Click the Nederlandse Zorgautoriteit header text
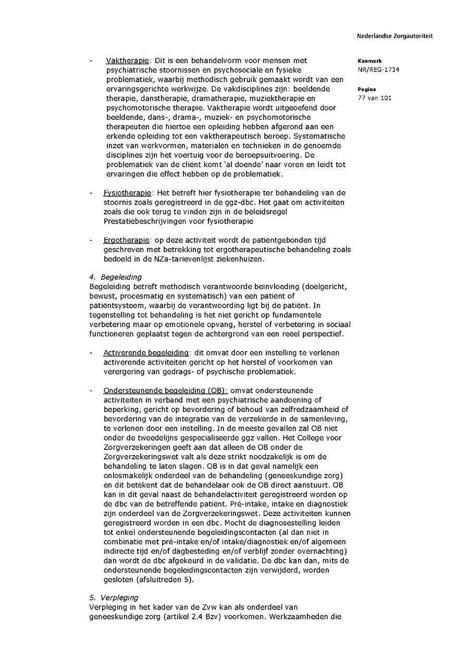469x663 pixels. [x=394, y=36]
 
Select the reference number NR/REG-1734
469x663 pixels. [x=378, y=70]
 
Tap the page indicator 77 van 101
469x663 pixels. [x=375, y=98]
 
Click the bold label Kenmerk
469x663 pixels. [x=369, y=61]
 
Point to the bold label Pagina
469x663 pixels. [x=367, y=89]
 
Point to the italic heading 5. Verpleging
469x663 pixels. [x=114, y=598]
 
